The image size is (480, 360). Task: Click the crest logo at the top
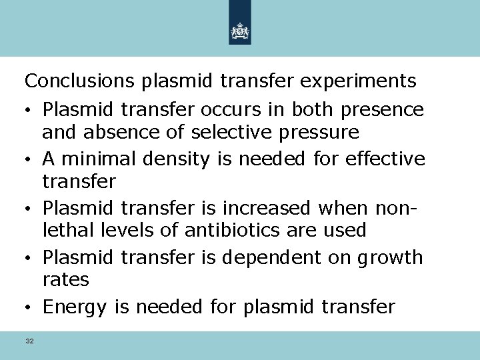[x=240, y=31]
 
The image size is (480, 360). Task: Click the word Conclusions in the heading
[x=80, y=81]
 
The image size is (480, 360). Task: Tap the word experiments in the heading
[x=358, y=81]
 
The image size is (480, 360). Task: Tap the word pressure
[x=317, y=132]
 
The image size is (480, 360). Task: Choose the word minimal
[x=97, y=159]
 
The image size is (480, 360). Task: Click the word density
[x=177, y=159]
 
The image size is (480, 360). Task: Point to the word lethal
[x=64, y=231]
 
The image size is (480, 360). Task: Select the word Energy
[x=74, y=308]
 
